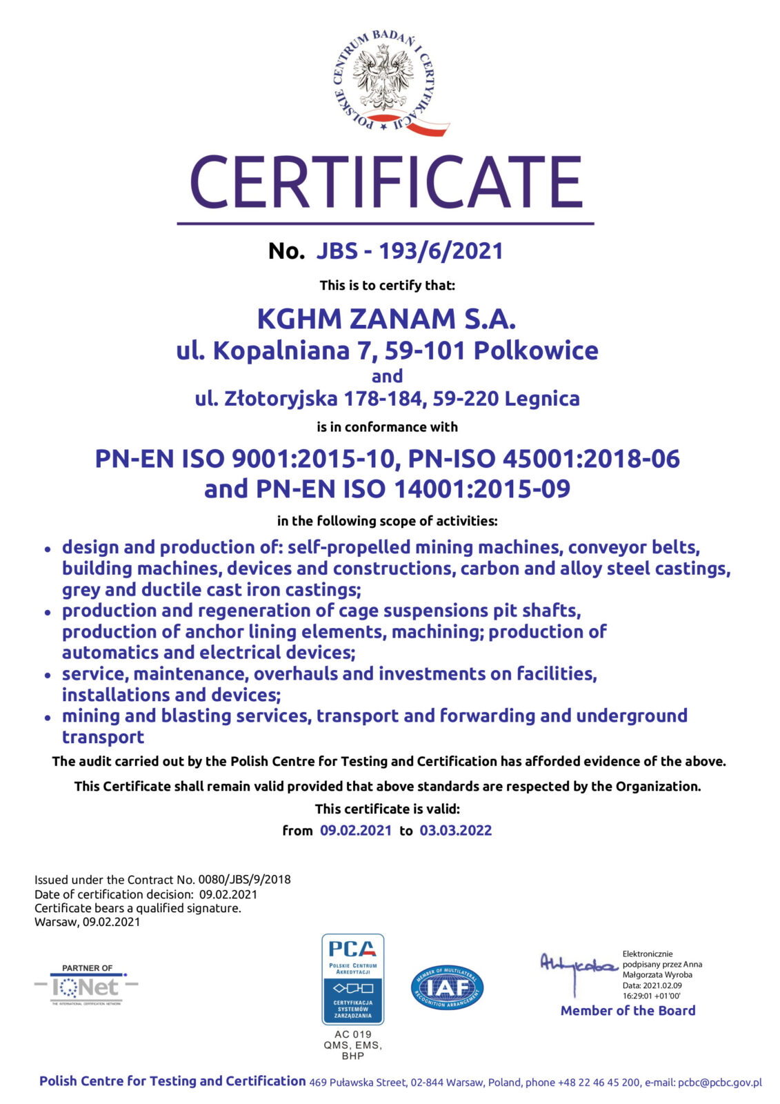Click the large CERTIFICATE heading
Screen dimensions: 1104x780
coord(386,182)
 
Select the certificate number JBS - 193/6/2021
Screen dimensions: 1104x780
coord(410,250)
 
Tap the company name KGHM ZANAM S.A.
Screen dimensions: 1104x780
coord(386,319)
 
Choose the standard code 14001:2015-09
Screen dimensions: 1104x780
coord(482,489)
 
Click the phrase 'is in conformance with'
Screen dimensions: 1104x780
coord(387,427)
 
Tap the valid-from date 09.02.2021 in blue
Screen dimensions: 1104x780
coord(356,831)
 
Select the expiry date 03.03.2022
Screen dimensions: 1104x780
coord(456,831)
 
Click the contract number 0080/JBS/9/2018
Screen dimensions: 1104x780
coord(244,880)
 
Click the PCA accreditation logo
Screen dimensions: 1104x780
coord(352,979)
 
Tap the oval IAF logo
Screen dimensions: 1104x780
coord(447,987)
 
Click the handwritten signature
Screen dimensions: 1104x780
coord(578,967)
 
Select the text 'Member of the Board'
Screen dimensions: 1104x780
coord(628,1011)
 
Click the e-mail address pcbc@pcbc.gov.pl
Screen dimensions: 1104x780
coord(719,1083)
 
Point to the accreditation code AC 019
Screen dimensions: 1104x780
coord(352,1034)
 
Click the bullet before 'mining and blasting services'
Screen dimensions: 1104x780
coord(48,718)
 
